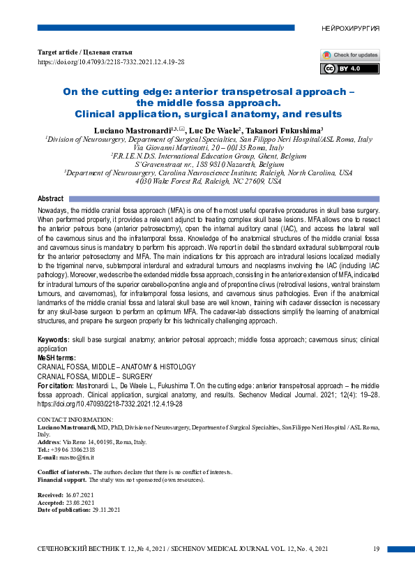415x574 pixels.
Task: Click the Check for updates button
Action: pos(350,55)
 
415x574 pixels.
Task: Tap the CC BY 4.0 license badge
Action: pos(340,68)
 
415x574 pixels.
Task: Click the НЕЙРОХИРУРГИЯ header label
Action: pos(351,29)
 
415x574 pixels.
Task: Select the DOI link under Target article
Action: pos(111,62)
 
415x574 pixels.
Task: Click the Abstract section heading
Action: pos(50,199)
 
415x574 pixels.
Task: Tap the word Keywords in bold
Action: pos(52,339)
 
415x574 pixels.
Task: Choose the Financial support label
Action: pos(65,480)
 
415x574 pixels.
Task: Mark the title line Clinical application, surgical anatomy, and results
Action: pos(208,114)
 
